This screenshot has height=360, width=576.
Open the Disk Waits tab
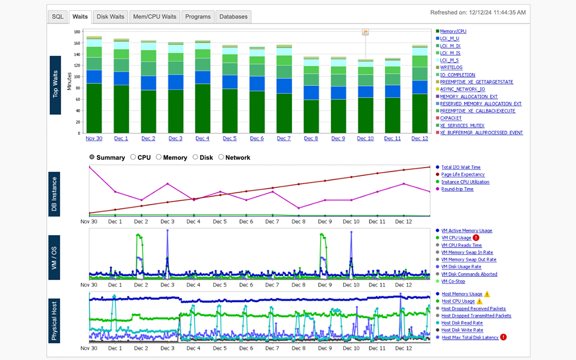110,17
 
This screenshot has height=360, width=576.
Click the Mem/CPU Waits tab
154,17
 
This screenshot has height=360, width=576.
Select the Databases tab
233,17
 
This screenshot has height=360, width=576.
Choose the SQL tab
57,17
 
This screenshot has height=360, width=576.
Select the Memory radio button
159,157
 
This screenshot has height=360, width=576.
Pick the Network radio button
221,157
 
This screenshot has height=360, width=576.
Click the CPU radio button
133,157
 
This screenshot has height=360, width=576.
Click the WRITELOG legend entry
451,67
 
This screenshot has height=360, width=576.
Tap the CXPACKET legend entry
451,118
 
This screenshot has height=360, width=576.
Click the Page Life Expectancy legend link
463,175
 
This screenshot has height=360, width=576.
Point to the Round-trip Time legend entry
457,190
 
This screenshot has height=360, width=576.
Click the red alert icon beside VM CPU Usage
476,238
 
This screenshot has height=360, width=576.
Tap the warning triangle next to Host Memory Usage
487,294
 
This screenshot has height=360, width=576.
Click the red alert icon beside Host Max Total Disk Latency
503,337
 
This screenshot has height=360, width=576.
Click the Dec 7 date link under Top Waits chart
283,138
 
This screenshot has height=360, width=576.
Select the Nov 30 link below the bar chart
94,138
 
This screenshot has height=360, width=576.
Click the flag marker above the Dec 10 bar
366,32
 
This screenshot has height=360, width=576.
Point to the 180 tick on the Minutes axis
78,31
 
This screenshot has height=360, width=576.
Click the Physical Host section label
55,321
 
